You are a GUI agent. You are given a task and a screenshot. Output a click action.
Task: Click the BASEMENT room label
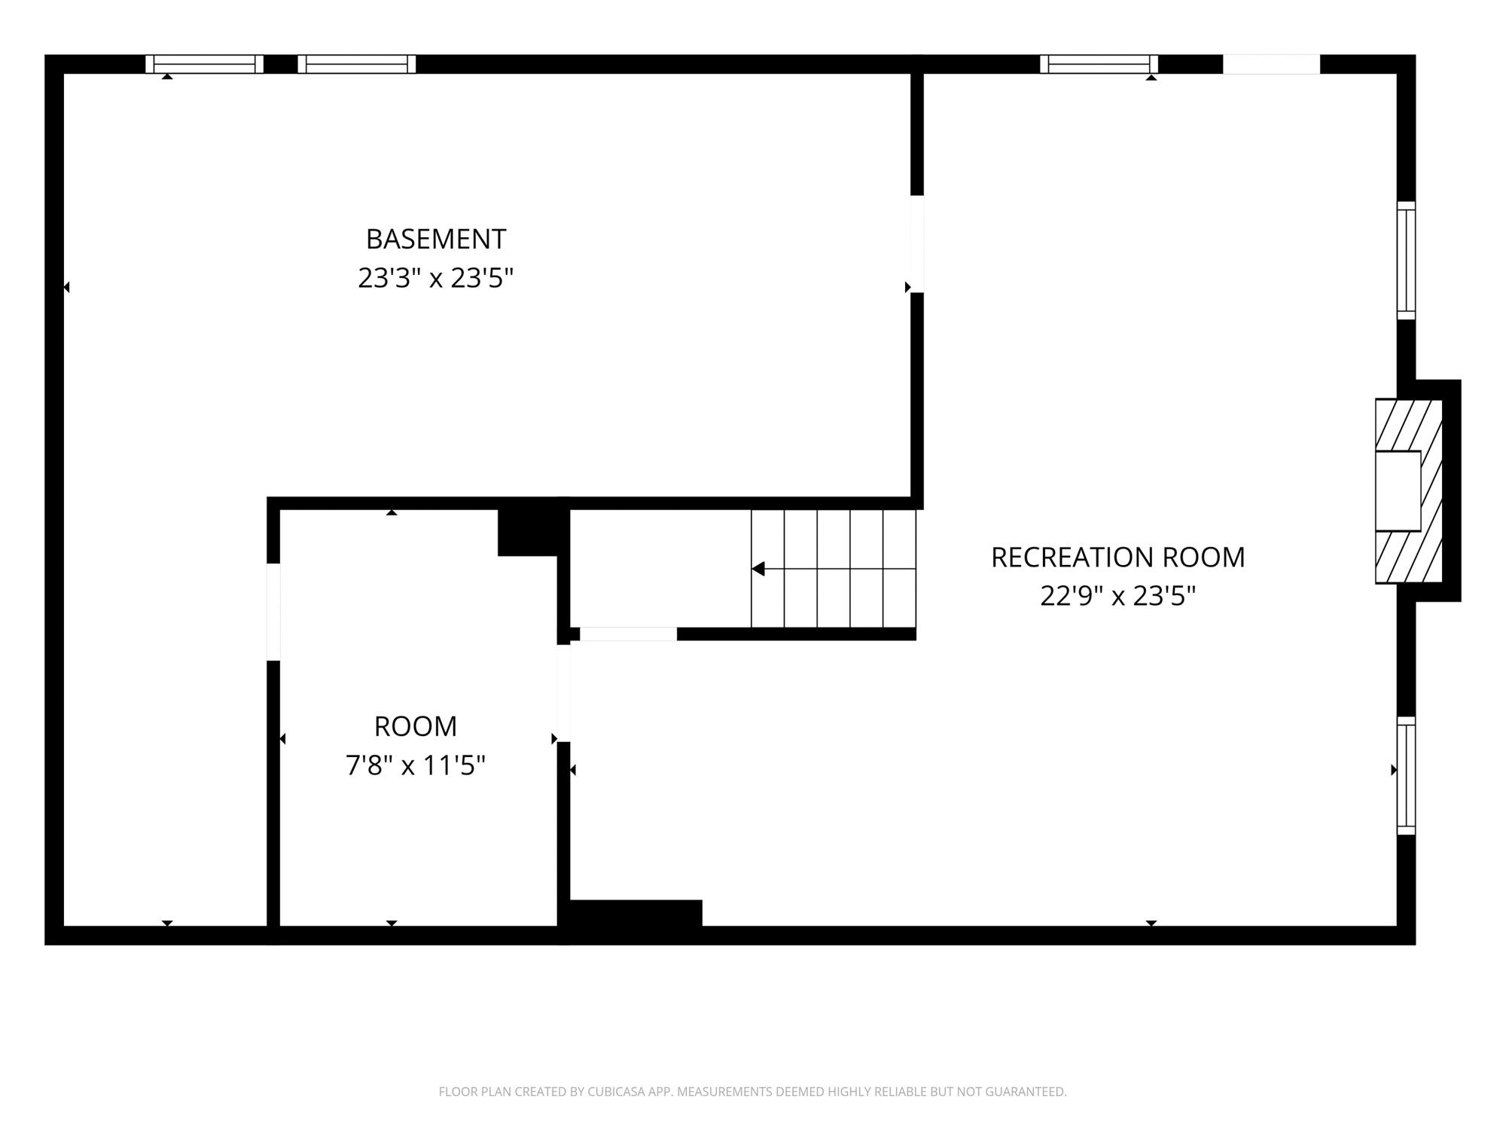pos(436,239)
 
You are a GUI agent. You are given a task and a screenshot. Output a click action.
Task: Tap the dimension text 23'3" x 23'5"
pos(435,279)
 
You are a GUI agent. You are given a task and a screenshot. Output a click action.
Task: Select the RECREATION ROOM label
pos(1117,557)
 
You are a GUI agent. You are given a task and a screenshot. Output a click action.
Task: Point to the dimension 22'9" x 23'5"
pos(1117,597)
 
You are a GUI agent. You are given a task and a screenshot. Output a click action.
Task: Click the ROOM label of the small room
pos(416,726)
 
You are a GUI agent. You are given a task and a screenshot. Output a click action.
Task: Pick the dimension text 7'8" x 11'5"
pos(416,766)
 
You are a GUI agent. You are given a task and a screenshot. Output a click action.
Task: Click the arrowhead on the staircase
pos(758,569)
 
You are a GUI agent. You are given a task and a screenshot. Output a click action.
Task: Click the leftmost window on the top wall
pos(204,64)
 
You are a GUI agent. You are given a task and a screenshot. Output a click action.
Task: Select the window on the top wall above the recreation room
pos(1099,64)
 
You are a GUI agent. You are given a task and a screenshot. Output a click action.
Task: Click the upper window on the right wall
pos(1406,261)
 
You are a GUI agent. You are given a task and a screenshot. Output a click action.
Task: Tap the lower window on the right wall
pos(1406,776)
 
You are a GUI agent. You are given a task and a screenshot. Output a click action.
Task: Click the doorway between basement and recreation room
pos(917,244)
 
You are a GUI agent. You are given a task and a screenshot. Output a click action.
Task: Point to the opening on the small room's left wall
pos(273,612)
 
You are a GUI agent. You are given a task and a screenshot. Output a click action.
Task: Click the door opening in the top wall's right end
pos(1271,64)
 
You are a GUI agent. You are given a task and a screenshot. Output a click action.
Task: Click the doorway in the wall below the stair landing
pos(628,634)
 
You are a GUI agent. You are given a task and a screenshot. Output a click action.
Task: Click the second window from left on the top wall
pos(357,64)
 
